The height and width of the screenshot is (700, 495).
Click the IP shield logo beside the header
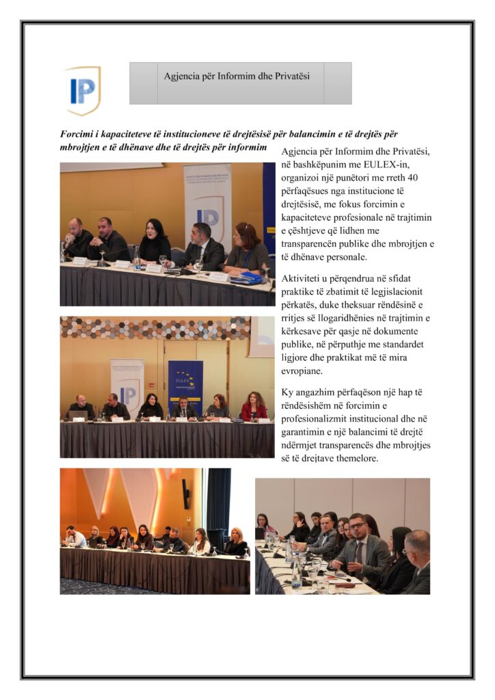point(83,90)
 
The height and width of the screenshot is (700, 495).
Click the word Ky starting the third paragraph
point(289,394)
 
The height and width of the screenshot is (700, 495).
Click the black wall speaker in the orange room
point(185,493)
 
